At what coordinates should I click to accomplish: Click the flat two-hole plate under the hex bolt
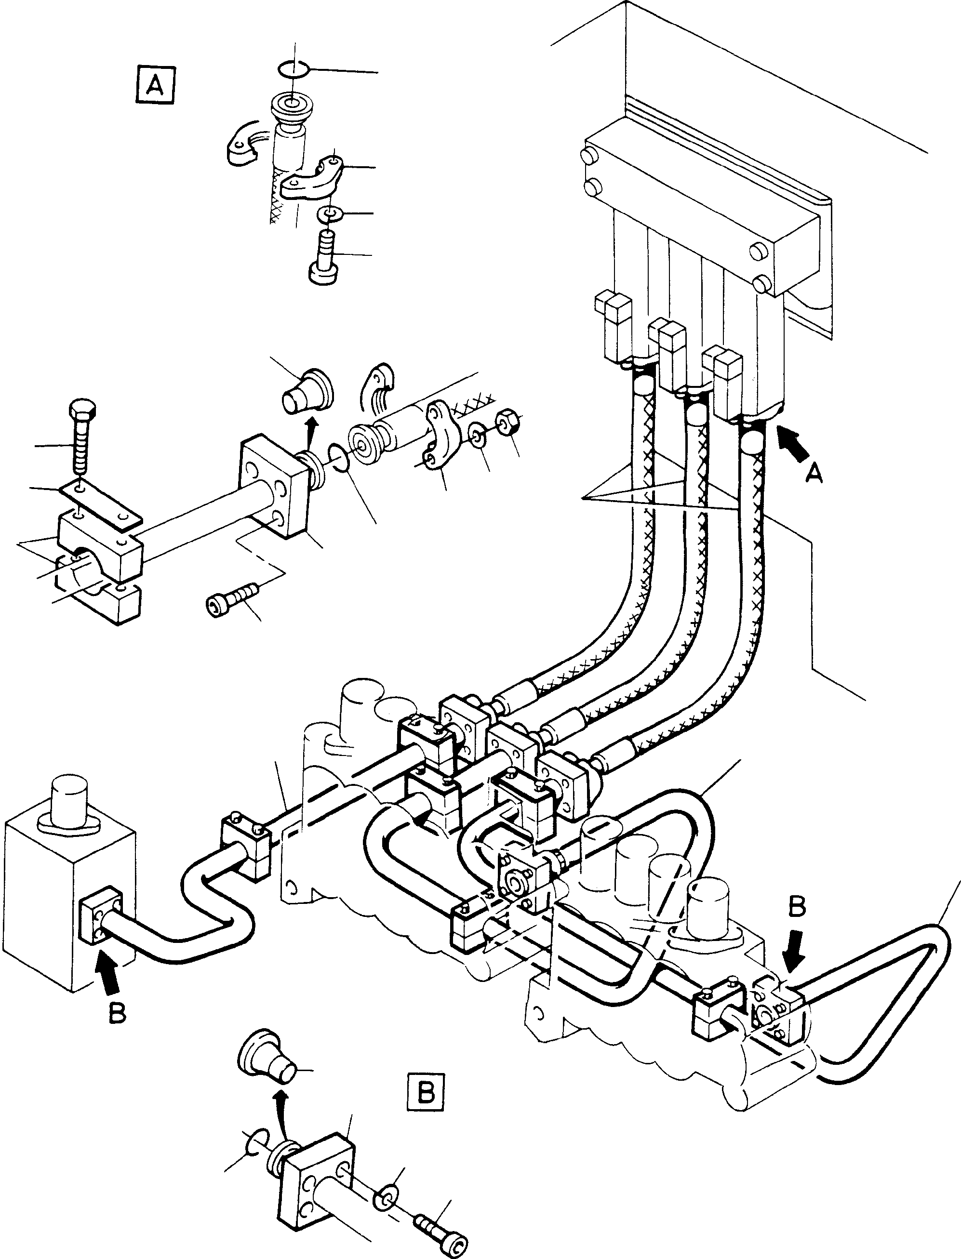pyautogui.click(x=101, y=502)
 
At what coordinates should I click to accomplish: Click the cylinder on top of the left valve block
pyautogui.click(x=68, y=799)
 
